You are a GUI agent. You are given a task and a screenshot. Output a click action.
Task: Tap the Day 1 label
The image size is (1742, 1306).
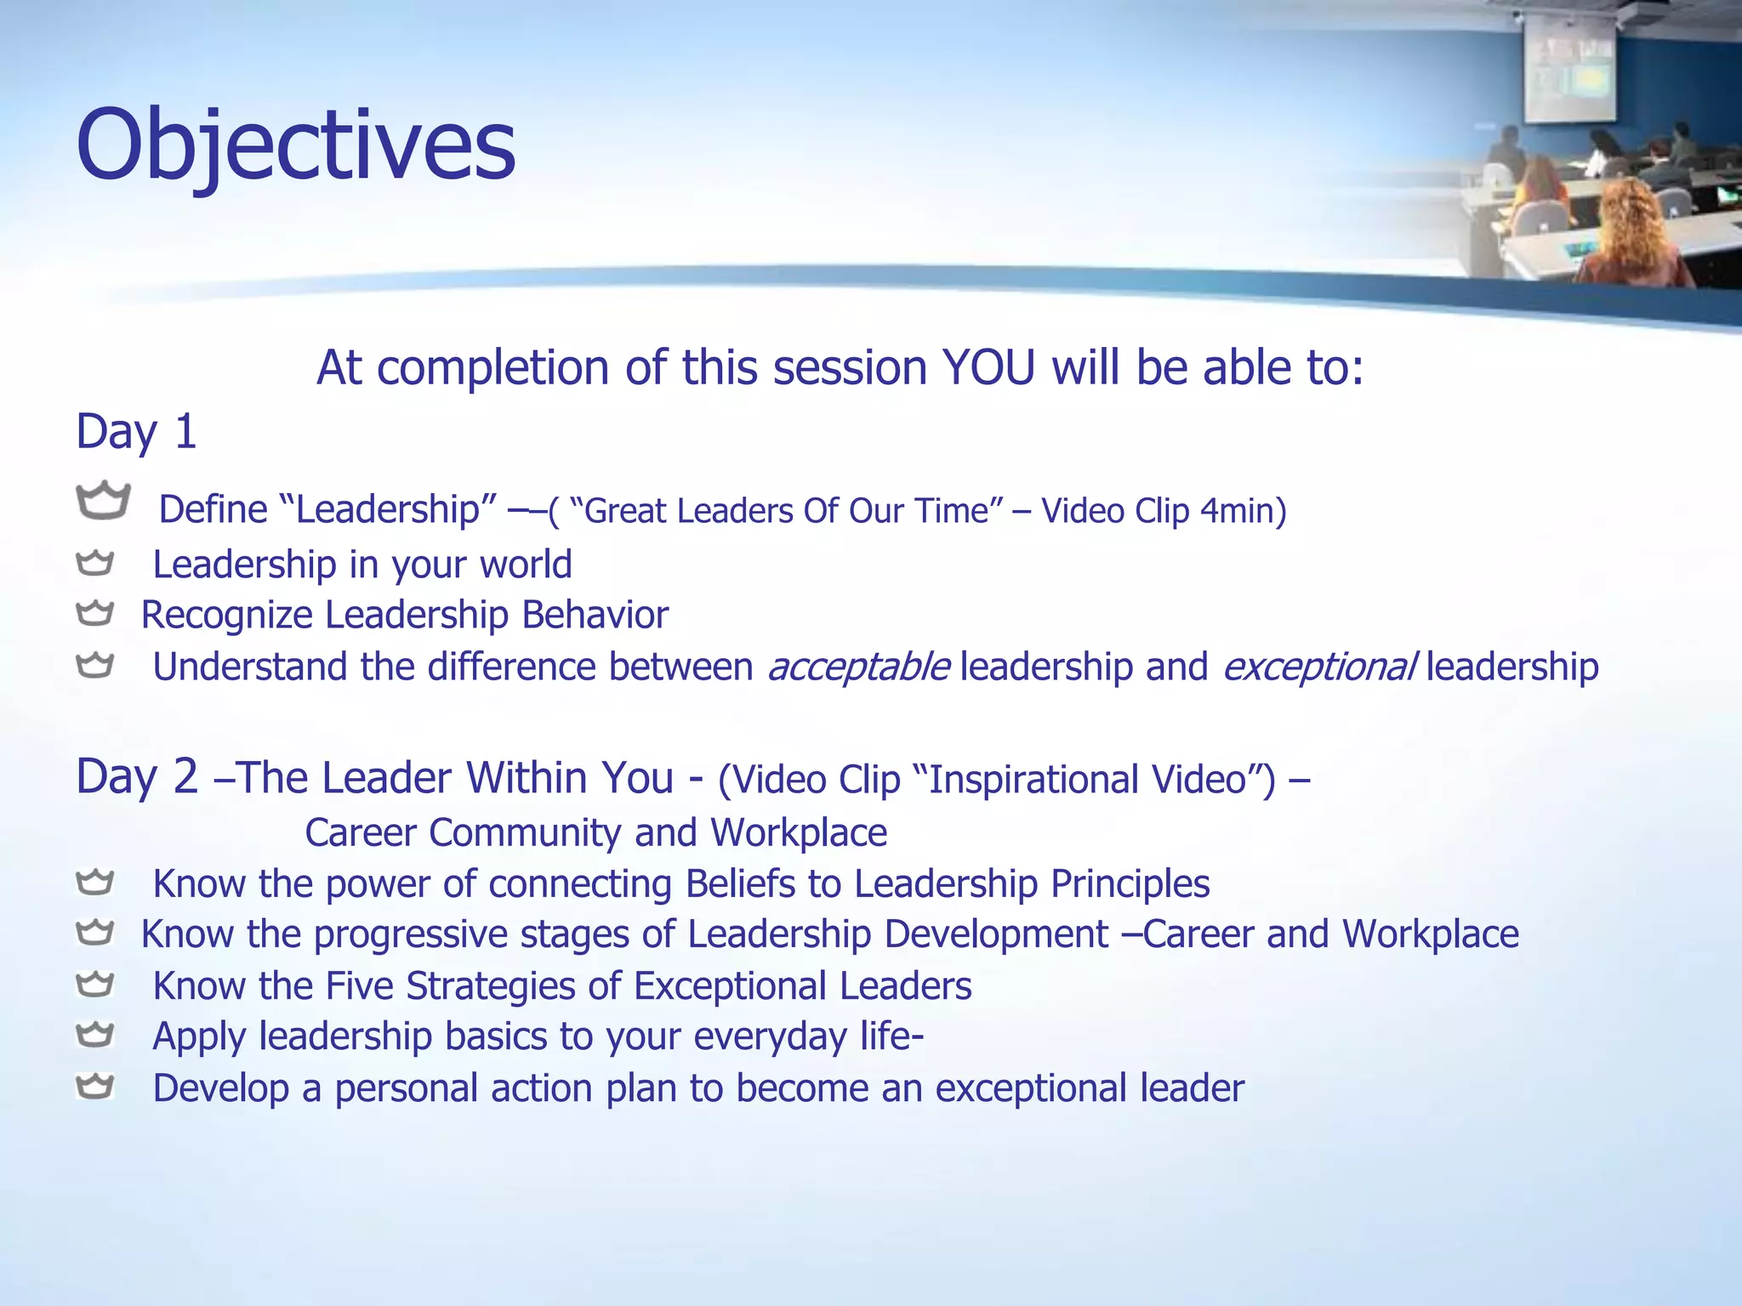pos(136,431)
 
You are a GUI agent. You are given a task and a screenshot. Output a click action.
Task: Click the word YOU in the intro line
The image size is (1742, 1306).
pos(988,368)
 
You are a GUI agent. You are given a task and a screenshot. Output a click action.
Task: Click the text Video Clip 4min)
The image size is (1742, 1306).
pos(1163,511)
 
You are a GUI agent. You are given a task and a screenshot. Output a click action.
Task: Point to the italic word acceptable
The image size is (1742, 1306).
pos(858,667)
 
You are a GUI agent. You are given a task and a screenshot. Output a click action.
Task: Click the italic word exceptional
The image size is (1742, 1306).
pos(1319,667)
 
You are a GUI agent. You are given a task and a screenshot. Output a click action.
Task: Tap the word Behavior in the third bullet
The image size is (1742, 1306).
pos(595,615)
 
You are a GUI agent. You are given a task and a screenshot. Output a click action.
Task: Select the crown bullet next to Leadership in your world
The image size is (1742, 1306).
pos(94,563)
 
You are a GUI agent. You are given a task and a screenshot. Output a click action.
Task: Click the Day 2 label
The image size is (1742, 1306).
pos(136,776)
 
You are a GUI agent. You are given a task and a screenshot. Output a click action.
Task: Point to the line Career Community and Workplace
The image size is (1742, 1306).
pos(595,832)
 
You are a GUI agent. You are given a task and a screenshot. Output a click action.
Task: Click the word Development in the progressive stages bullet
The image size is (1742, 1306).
pos(995,934)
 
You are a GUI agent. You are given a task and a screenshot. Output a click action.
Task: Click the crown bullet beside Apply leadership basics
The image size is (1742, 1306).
pos(94,1035)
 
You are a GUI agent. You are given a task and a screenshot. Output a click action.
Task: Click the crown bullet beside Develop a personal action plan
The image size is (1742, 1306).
pos(94,1086)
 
